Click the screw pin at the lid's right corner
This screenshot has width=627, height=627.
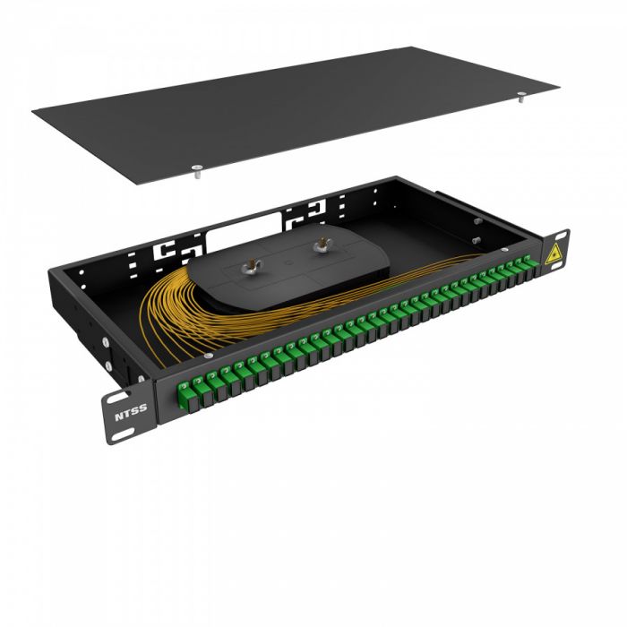tap(520, 100)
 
